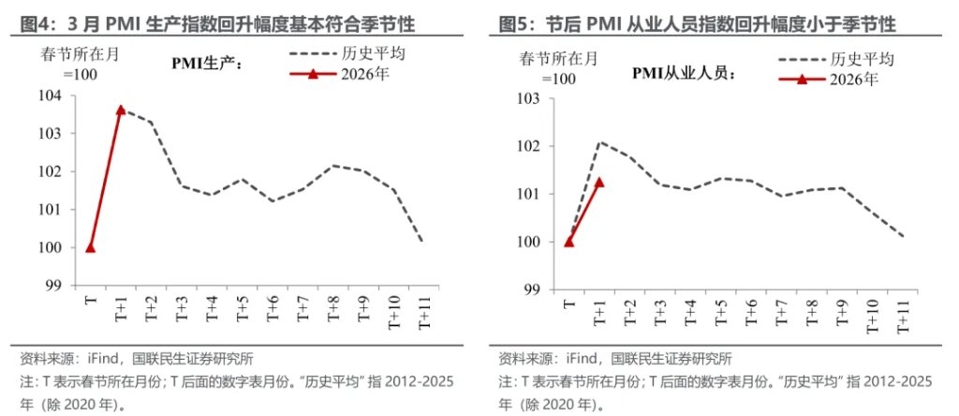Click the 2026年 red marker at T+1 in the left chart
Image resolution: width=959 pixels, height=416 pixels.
[121, 110]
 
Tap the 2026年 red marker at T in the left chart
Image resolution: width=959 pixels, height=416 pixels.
[90, 247]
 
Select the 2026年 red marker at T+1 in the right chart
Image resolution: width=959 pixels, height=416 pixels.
[599, 182]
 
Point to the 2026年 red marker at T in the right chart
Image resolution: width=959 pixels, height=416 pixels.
[568, 242]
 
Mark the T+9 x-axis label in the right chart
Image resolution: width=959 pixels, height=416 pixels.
[841, 310]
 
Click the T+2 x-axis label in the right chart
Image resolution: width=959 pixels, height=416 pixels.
[629, 310]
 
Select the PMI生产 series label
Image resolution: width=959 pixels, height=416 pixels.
[207, 64]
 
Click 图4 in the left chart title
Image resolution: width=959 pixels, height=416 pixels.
[37, 22]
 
